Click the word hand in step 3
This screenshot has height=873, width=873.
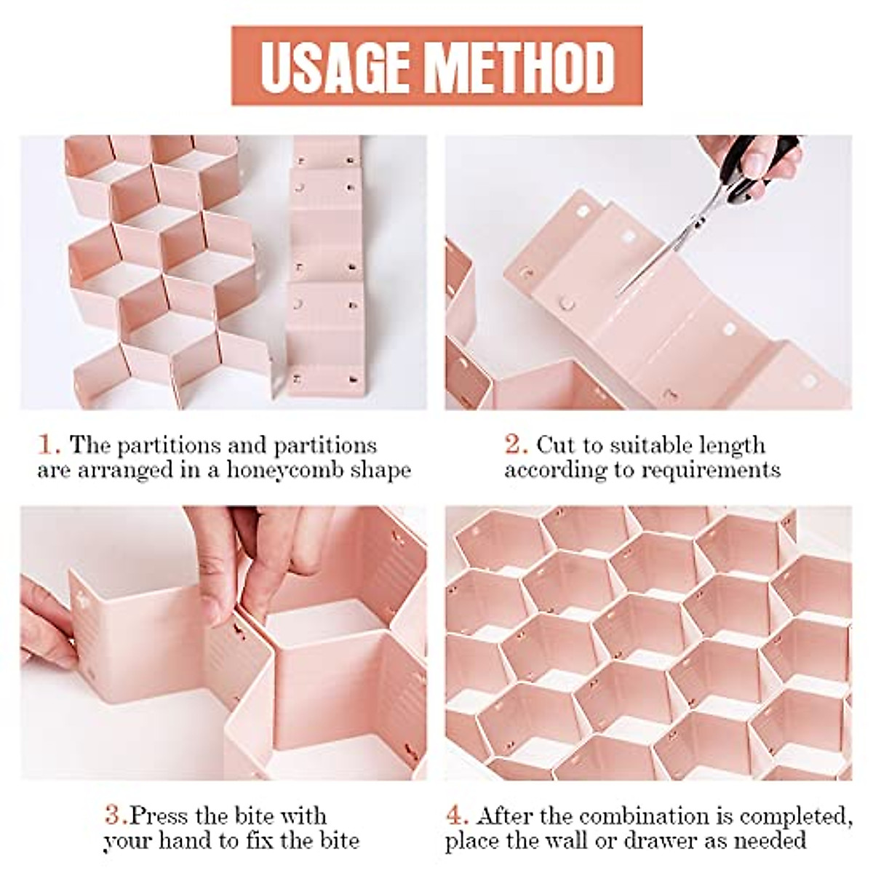pyautogui.click(x=178, y=841)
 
